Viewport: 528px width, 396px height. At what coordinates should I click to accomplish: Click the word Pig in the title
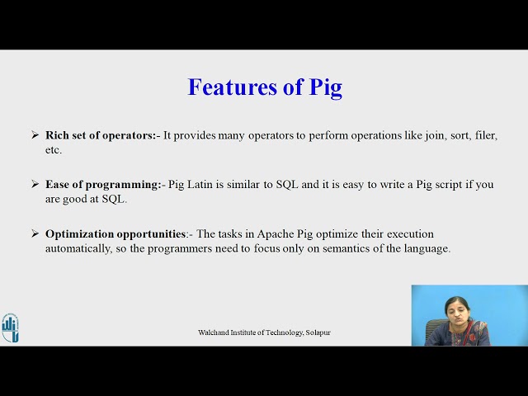(324, 87)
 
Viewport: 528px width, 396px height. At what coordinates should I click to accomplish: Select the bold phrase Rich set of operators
(100, 134)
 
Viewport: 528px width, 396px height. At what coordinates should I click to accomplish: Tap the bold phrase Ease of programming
(102, 184)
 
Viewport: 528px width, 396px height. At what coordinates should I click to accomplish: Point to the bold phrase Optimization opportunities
(115, 233)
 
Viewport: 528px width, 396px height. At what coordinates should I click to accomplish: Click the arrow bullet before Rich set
(35, 134)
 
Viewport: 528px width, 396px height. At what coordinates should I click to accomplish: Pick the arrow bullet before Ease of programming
(35, 184)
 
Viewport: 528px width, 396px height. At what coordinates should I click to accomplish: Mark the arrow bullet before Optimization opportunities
(35, 233)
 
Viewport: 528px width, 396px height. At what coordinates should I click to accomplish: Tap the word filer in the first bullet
(483, 134)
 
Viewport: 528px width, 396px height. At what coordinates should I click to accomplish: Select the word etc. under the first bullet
(54, 150)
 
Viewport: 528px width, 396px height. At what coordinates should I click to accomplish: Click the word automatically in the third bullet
(78, 248)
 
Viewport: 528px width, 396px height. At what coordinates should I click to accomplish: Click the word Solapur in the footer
(318, 332)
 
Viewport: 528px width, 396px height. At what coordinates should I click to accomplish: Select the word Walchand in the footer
(214, 332)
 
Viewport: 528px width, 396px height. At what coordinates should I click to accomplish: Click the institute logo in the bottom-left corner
(10, 327)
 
